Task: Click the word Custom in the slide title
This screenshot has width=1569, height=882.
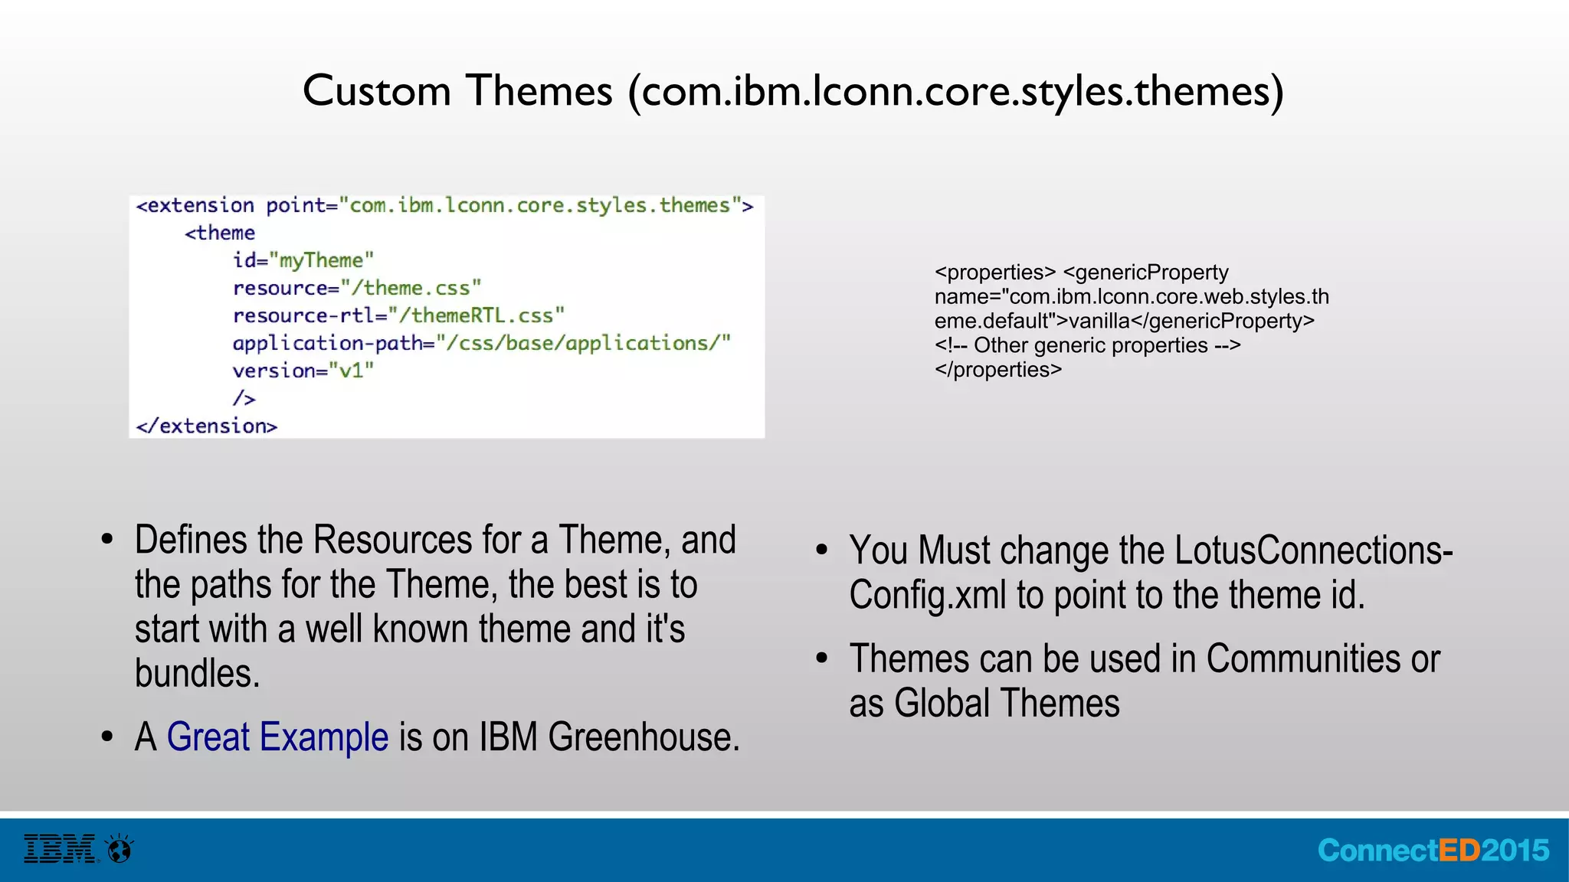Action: click(x=376, y=91)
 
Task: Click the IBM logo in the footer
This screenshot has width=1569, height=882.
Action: click(x=60, y=848)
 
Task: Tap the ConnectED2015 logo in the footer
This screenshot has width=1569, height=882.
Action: click(x=1433, y=851)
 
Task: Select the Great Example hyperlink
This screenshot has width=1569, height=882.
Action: click(x=277, y=737)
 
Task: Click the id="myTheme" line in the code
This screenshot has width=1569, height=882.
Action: click(x=303, y=260)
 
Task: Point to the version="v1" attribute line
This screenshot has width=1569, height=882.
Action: click(x=303, y=371)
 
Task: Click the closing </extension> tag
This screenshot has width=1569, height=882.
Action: click(x=206, y=426)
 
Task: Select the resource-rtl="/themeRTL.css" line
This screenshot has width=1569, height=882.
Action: click(x=398, y=315)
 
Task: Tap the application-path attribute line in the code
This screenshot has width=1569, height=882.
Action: click(x=481, y=343)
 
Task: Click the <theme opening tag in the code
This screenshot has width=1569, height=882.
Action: click(x=220, y=233)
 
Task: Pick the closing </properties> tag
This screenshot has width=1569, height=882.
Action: click(x=997, y=370)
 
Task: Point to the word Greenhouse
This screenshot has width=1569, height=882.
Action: click(x=644, y=737)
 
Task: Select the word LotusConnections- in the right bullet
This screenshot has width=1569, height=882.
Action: click(x=1313, y=550)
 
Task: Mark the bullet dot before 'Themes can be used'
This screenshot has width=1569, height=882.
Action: click(x=822, y=658)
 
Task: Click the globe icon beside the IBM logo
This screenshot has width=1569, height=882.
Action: click(x=120, y=848)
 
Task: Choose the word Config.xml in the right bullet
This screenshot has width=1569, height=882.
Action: click(x=927, y=596)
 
